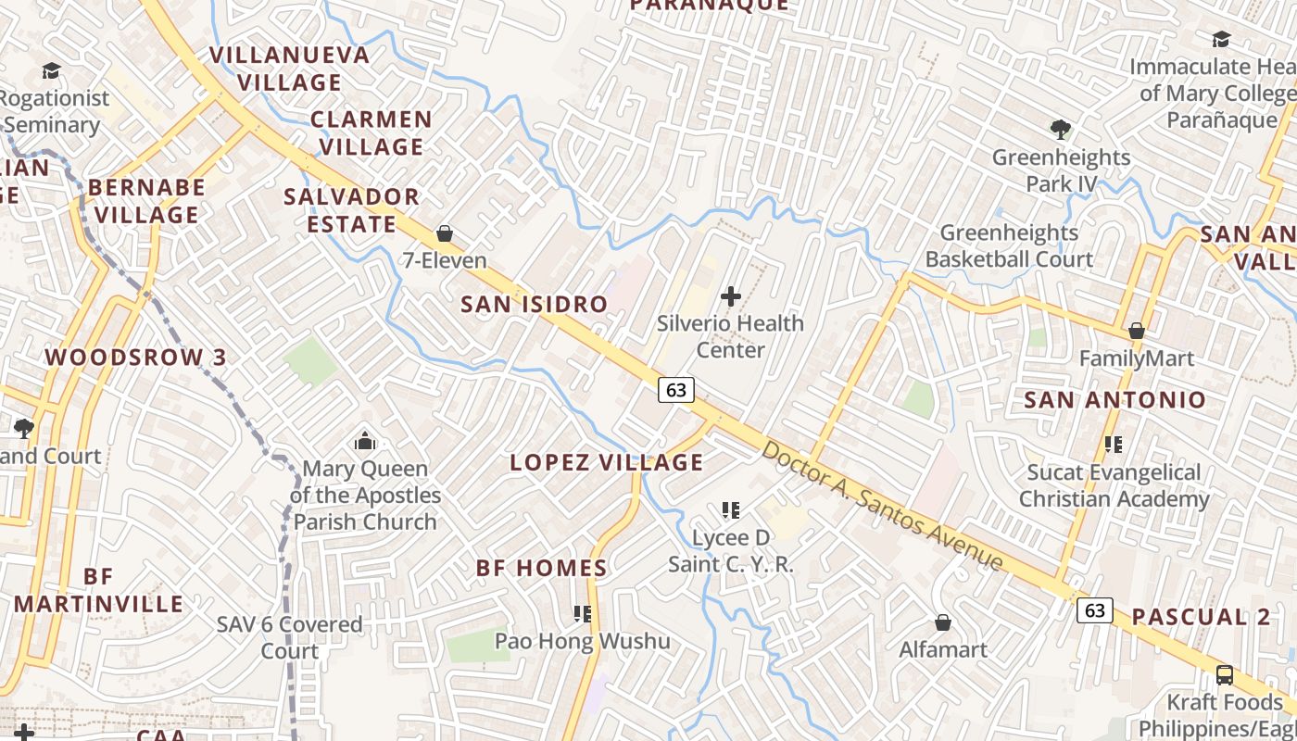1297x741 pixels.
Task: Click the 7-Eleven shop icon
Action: pyautogui.click(x=445, y=233)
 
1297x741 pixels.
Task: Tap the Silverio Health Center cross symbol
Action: pyautogui.click(x=731, y=296)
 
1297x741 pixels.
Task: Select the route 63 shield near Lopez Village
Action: pyautogui.click(x=676, y=390)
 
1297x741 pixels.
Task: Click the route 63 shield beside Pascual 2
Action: pyautogui.click(x=1095, y=609)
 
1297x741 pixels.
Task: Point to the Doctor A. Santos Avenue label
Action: pyautogui.click(x=882, y=506)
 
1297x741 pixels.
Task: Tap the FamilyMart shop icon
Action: pyautogui.click(x=1137, y=331)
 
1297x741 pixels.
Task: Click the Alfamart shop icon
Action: pyautogui.click(x=943, y=622)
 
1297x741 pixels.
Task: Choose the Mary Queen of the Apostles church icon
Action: pyautogui.click(x=365, y=441)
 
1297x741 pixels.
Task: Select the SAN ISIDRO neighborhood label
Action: pyautogui.click(x=534, y=304)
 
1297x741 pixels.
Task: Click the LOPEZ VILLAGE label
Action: pyautogui.click(x=606, y=462)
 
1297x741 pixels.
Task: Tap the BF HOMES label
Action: pyautogui.click(x=542, y=568)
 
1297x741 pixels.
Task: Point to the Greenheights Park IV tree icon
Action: pyautogui.click(x=1061, y=130)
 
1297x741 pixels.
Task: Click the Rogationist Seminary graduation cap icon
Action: pyautogui.click(x=50, y=70)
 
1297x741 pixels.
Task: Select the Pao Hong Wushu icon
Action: pyautogui.click(x=582, y=613)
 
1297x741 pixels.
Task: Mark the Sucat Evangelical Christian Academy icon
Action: pyautogui.click(x=1114, y=445)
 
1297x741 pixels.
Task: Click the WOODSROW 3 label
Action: pyautogui.click(x=135, y=358)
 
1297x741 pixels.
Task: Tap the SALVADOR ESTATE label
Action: pyautogui.click(x=351, y=210)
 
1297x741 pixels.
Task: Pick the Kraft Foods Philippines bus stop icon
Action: pyautogui.click(x=1224, y=674)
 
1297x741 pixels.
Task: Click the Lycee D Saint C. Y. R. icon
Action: pyautogui.click(x=731, y=509)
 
